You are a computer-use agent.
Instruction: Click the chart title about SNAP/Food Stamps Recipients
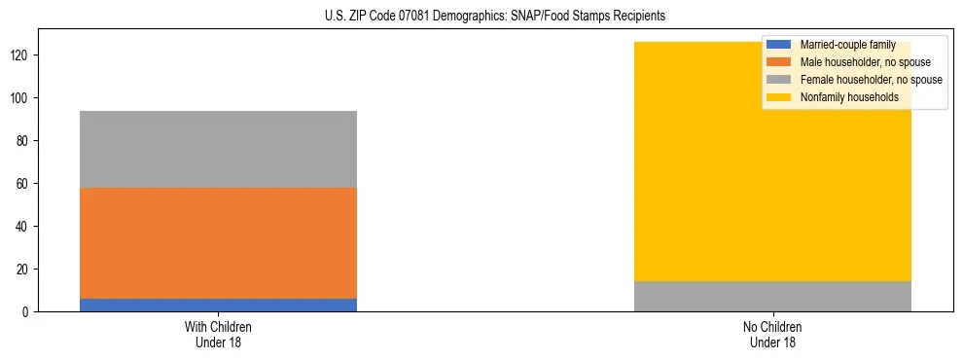point(495,17)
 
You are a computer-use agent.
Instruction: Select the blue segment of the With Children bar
point(218,305)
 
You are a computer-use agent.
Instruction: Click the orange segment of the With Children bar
point(218,243)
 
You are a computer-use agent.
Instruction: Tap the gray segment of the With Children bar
point(218,149)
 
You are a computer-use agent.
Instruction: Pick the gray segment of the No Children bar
point(772,296)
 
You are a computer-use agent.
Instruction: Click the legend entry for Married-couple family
point(847,45)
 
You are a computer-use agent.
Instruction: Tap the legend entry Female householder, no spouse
point(871,80)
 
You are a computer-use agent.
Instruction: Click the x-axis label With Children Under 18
point(218,334)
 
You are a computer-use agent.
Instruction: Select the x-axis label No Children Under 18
point(772,334)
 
